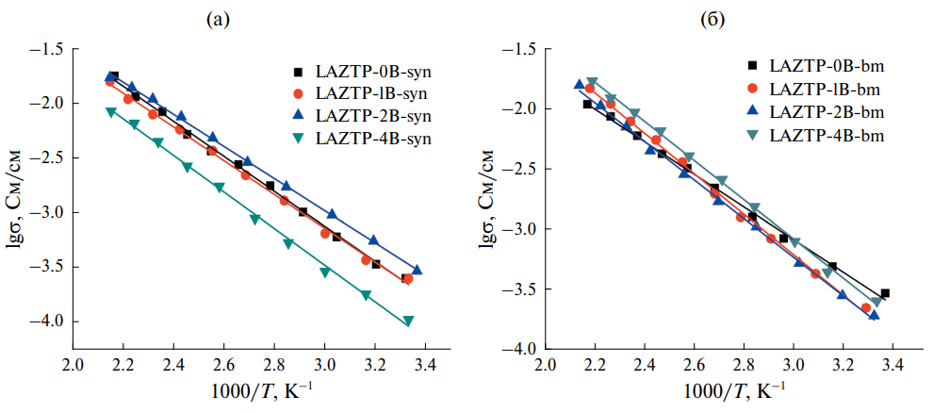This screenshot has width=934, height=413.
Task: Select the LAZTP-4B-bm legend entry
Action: click(x=830, y=134)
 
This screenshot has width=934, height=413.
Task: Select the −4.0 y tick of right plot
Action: click(x=517, y=350)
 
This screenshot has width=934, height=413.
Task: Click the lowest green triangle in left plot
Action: click(x=408, y=321)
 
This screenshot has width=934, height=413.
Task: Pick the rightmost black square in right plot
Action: click(x=885, y=293)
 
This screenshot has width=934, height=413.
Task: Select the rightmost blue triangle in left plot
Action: click(x=417, y=270)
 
